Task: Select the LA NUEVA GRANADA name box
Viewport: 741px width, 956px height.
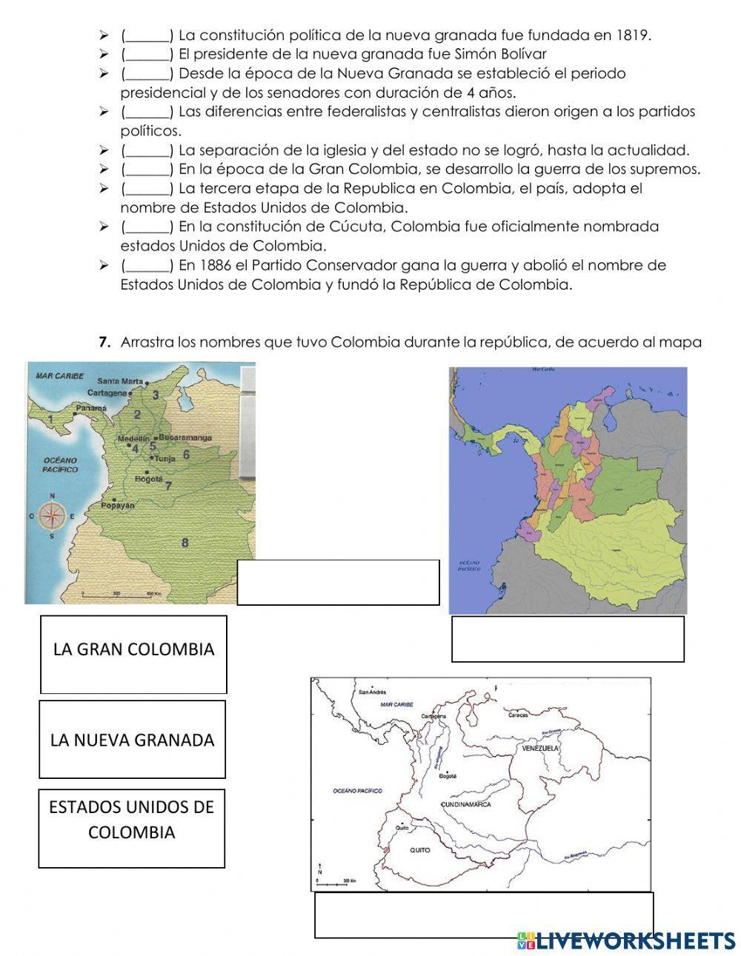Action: tap(132, 739)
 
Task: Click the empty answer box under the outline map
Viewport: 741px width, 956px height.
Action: tap(484, 915)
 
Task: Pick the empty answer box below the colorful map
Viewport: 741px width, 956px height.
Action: tap(568, 638)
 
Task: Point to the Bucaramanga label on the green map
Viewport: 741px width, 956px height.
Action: tap(185, 438)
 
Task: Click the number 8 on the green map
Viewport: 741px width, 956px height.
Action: tap(185, 543)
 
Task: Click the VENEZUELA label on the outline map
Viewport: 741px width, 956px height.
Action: tap(539, 749)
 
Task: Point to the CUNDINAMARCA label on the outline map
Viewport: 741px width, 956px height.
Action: tap(465, 804)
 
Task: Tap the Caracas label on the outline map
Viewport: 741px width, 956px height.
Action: tap(518, 715)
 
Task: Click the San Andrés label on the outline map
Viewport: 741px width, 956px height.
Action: tap(373, 693)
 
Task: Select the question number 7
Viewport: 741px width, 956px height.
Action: tap(104, 342)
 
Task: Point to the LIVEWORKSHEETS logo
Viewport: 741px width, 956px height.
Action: tap(626, 940)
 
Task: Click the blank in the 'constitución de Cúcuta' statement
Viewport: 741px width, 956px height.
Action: tap(147, 227)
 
